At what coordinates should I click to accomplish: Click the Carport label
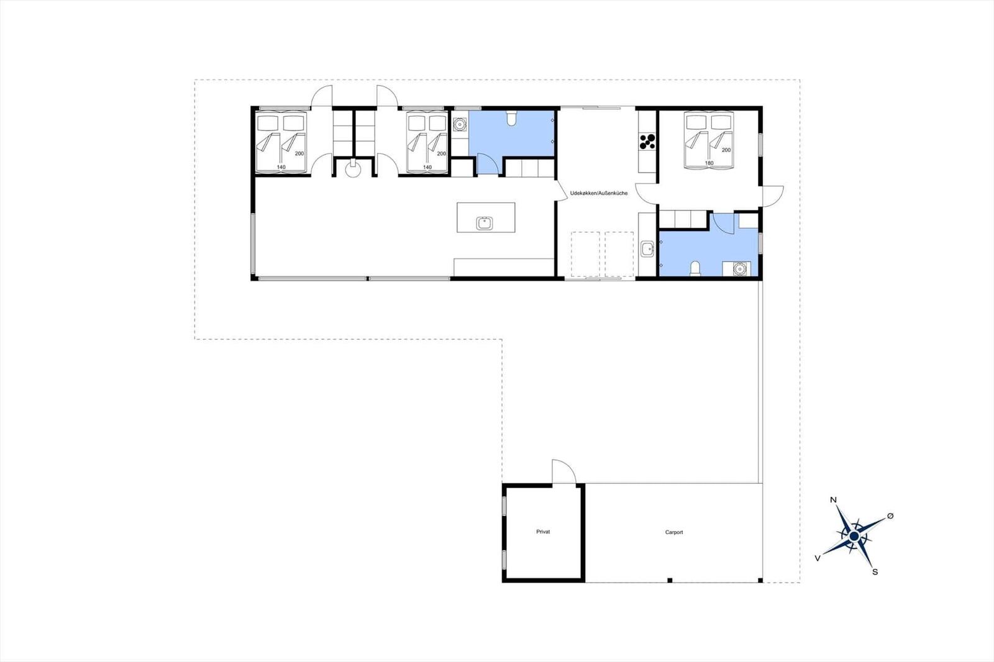[673, 532]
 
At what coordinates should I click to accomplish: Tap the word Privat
[543, 532]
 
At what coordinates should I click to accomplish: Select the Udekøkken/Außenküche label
[599, 193]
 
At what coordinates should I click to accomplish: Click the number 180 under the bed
[709, 163]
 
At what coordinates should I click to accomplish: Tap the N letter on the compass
[833, 500]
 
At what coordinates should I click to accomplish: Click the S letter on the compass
[875, 572]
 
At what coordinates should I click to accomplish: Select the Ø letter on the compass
[890, 515]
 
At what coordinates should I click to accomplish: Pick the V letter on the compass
[818, 558]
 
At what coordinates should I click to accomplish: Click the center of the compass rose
[854, 536]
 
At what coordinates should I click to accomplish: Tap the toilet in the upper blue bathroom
[511, 117]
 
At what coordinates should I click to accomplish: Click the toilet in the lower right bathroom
[695, 268]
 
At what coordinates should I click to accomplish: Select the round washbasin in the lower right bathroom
[739, 268]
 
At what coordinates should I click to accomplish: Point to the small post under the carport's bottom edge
[670, 581]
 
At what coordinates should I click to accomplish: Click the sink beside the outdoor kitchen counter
[647, 249]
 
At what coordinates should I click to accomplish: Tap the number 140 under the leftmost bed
[281, 167]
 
